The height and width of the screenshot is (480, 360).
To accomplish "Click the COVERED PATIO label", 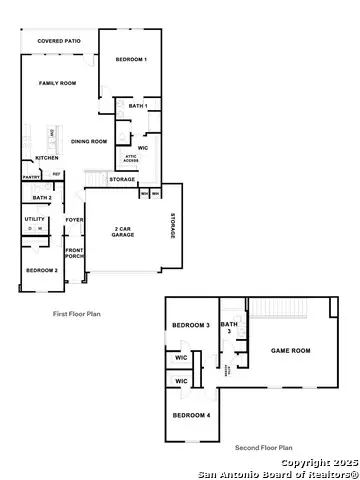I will click(57, 41).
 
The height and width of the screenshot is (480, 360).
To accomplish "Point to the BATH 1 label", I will click(138, 105).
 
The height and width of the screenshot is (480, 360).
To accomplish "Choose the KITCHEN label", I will click(47, 158).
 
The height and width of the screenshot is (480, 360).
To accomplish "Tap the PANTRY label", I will click(30, 178).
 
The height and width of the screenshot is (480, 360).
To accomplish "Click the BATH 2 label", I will click(42, 198).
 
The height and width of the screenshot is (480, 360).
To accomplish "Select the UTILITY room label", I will click(35, 218).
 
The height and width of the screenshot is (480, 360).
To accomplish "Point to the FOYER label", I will click(75, 220).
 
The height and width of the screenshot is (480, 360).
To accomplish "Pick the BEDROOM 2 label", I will click(41, 270).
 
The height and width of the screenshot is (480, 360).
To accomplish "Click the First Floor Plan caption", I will click(77, 314).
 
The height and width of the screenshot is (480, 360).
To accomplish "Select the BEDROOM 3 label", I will click(190, 326).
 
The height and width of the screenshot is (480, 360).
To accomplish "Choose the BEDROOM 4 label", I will click(190, 414).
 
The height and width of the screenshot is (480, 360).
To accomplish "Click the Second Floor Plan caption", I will click(263, 447).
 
